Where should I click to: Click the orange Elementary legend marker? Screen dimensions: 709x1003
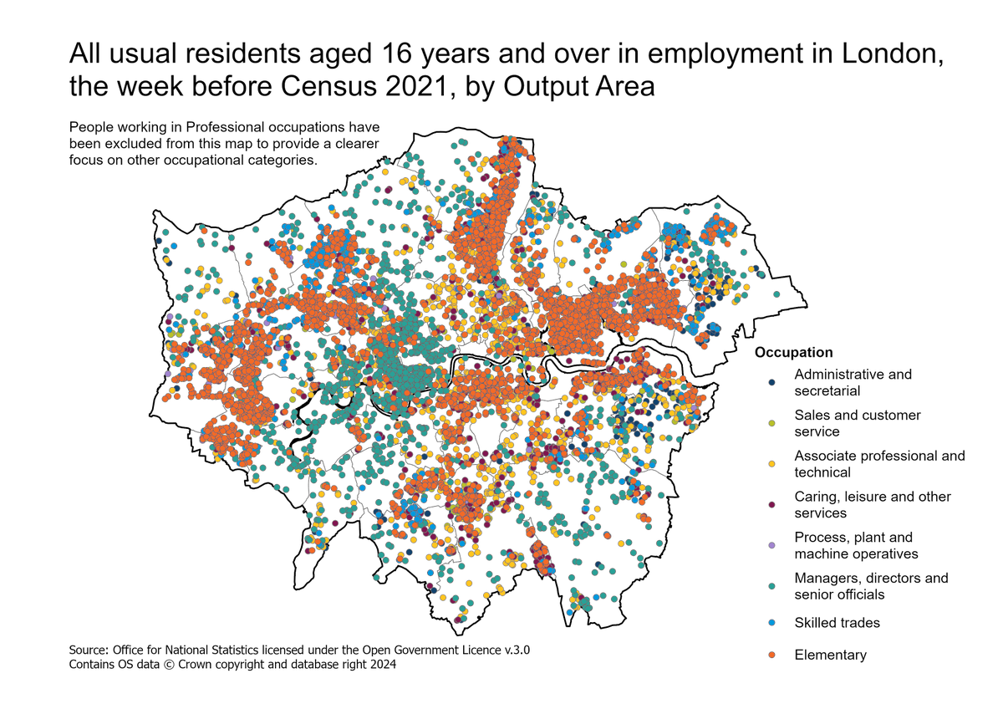(x=771, y=655)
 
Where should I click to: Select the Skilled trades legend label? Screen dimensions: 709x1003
(x=837, y=623)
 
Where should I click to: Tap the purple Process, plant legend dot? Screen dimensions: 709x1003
(x=771, y=545)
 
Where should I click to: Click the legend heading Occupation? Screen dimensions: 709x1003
(x=793, y=353)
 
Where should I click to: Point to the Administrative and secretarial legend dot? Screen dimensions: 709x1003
(x=771, y=382)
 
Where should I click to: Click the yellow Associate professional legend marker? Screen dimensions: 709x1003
(x=771, y=463)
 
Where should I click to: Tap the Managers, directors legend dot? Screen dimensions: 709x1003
(x=771, y=586)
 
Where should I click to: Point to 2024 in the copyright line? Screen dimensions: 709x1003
(x=380, y=665)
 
